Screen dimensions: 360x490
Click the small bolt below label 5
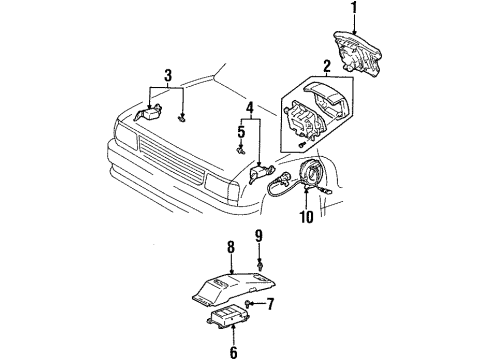point(241,149)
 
